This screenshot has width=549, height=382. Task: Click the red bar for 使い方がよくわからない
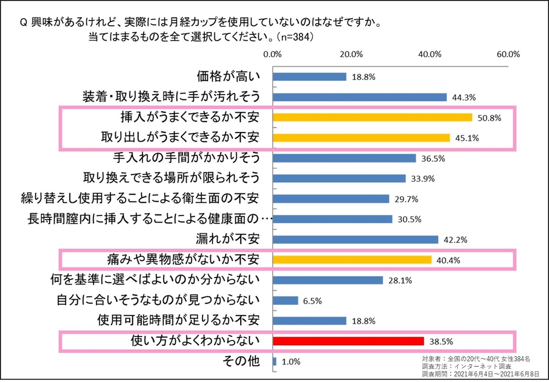pos(348,341)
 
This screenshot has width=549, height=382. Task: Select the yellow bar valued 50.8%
pos(372,117)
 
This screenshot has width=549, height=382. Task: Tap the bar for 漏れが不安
pos(355,239)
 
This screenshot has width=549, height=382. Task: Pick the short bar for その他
pos(274,362)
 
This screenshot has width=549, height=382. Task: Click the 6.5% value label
pos(313,301)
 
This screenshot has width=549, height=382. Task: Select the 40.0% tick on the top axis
pos(430,54)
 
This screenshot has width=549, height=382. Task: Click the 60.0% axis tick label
pos(508,54)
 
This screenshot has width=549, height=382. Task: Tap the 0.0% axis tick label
pos(273,54)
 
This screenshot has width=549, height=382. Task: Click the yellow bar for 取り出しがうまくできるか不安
pos(361,138)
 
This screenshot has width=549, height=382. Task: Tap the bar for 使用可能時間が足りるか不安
pos(310,321)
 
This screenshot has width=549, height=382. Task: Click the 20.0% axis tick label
pos(351,54)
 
